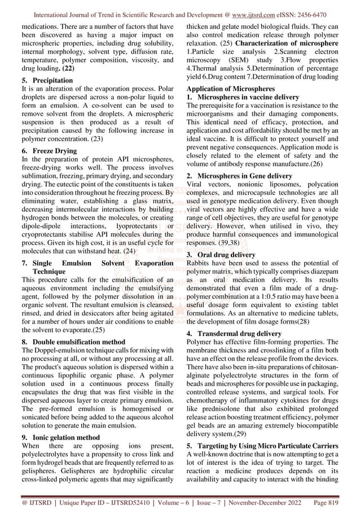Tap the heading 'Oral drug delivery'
(x=229, y=255)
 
